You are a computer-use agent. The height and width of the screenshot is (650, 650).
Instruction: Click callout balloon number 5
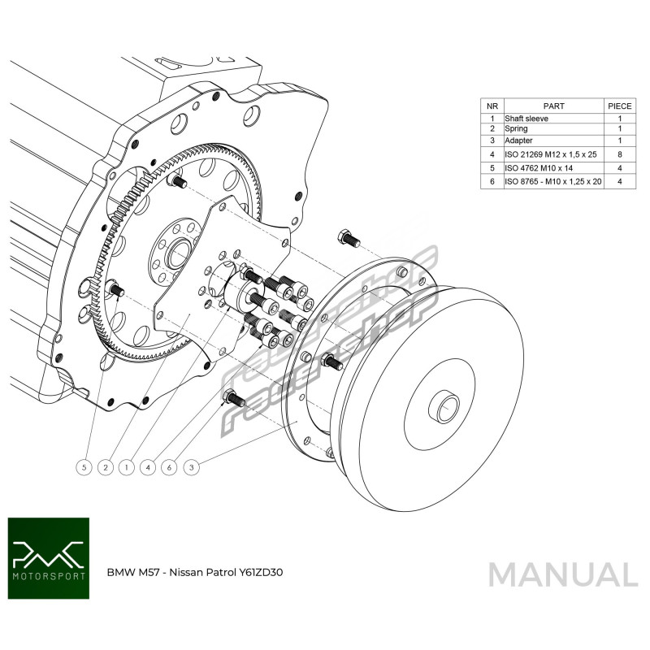tap(83, 467)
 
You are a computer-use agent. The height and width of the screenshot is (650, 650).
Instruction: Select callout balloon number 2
tap(105, 467)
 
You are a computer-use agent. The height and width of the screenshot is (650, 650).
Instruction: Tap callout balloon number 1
tap(126, 467)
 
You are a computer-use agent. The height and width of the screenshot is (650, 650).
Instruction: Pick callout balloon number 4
tap(148, 467)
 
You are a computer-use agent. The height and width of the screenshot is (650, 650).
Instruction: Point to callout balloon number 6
tap(170, 467)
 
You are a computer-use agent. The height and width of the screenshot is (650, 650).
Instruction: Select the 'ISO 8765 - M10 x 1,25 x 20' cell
tap(552, 182)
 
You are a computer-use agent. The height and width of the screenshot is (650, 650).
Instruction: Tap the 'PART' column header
tap(553, 106)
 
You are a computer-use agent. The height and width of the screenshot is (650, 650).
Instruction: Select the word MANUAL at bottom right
tap(562, 574)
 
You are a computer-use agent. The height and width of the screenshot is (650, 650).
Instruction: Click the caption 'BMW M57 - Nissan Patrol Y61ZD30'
tap(195, 571)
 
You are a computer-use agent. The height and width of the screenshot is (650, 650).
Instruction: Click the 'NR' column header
tap(492, 106)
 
